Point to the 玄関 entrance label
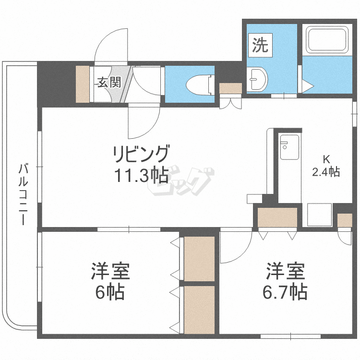pyautogui.click(x=109, y=82)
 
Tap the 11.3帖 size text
pyautogui.click(x=141, y=176)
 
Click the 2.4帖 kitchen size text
pyautogui.click(x=326, y=172)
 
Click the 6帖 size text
pyautogui.click(x=110, y=292)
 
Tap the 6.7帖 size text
pyautogui.click(x=287, y=292)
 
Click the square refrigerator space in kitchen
pyautogui.click(x=319, y=214)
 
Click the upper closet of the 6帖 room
pyautogui.click(x=199, y=259)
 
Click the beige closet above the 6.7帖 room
pyautogui.click(x=277, y=217)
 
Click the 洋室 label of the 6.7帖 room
pyautogui.click(x=287, y=272)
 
